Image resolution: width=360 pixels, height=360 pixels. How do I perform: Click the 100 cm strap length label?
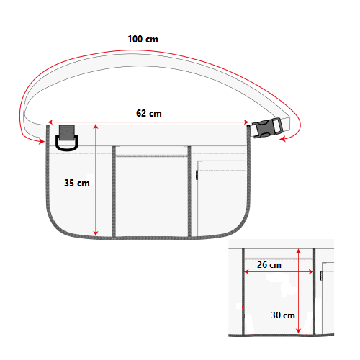pyautogui.click(x=143, y=39)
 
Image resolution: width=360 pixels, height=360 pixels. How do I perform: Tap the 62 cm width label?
pyautogui.click(x=149, y=113)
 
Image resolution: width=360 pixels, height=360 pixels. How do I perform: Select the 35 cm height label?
pyautogui.click(x=77, y=183)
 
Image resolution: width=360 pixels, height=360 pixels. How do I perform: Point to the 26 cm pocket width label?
pyautogui.click(x=269, y=265)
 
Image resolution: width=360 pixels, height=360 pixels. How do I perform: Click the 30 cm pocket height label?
pyautogui.click(x=283, y=315)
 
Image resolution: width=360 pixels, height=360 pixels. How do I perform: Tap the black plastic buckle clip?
pyautogui.click(x=267, y=128)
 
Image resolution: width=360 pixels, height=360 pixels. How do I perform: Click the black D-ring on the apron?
pyautogui.click(x=67, y=144)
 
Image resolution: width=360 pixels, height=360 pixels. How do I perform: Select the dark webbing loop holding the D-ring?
pyautogui.click(x=67, y=132)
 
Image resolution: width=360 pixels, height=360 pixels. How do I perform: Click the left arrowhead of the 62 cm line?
pyautogui.click(x=50, y=122)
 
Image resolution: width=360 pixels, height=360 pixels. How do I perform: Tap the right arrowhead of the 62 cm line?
pyautogui.click(x=246, y=122)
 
